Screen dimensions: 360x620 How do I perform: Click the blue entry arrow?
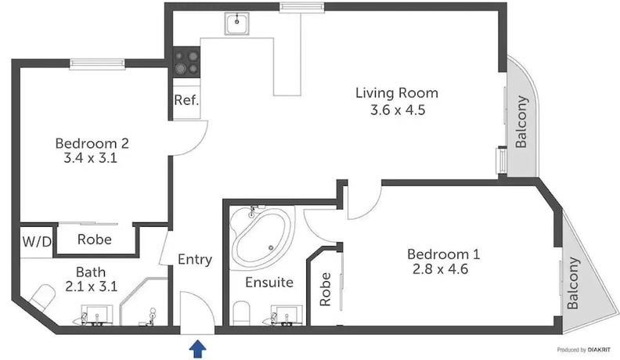(x=195, y=347)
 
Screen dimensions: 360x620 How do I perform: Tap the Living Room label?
(x=397, y=93)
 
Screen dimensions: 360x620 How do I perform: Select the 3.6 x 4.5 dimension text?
(x=397, y=110)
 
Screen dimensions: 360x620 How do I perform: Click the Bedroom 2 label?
(x=92, y=143)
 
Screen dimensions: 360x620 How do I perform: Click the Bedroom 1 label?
(x=443, y=254)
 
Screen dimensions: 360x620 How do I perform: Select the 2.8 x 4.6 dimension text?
(x=443, y=271)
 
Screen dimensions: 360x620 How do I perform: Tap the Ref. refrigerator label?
(x=186, y=101)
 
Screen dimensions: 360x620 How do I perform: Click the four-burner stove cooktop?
(x=186, y=62)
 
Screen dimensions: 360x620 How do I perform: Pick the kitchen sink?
(x=236, y=25)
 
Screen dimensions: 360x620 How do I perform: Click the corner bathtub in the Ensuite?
(x=261, y=237)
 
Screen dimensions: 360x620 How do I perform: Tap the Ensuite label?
(x=269, y=282)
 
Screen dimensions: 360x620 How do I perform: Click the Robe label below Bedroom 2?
(x=94, y=240)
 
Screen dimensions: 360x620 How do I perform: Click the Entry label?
(x=195, y=260)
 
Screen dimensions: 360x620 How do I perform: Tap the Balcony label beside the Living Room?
(x=521, y=122)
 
